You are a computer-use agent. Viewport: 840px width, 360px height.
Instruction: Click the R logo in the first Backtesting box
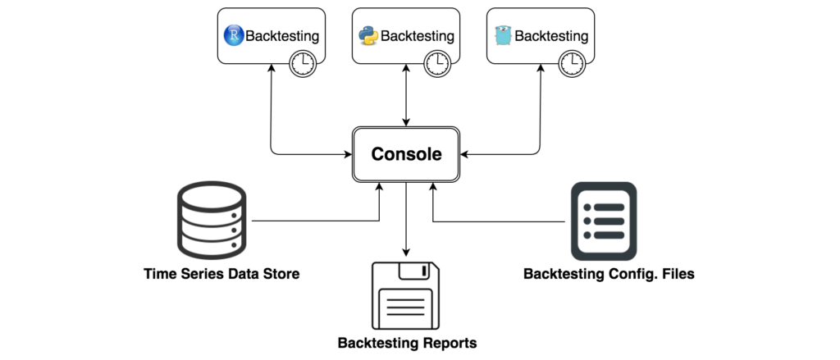pyautogui.click(x=234, y=36)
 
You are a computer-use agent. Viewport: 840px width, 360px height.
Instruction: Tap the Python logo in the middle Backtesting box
pyautogui.click(x=368, y=36)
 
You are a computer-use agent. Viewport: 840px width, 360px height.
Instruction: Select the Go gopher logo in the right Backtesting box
pyautogui.click(x=503, y=36)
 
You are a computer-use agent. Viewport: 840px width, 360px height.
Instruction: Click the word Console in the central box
pyautogui.click(x=406, y=154)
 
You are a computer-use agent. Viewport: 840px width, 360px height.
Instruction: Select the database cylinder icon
pyautogui.click(x=211, y=221)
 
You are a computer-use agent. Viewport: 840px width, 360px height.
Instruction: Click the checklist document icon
pyautogui.click(x=603, y=221)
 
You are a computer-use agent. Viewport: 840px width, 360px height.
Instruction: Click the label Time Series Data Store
pyautogui.click(x=221, y=274)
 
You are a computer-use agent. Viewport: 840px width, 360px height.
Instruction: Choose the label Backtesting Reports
pyautogui.click(x=407, y=343)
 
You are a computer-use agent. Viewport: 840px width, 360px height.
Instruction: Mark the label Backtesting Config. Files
pyautogui.click(x=609, y=274)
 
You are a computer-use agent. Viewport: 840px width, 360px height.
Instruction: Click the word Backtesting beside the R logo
pyautogui.click(x=282, y=36)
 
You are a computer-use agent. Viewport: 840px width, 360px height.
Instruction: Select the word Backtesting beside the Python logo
pyautogui.click(x=417, y=36)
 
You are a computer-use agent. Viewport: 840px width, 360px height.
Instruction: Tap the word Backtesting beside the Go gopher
pyautogui.click(x=551, y=36)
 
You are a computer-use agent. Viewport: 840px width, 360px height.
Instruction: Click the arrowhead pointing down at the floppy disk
pyautogui.click(x=406, y=251)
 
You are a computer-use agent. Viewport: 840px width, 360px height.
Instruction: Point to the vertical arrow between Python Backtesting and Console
pyautogui.click(x=406, y=94)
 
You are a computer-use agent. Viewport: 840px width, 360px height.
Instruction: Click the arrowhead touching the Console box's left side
pyautogui.click(x=349, y=153)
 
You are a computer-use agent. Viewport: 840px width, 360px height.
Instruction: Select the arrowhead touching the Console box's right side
pyautogui.click(x=464, y=153)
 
